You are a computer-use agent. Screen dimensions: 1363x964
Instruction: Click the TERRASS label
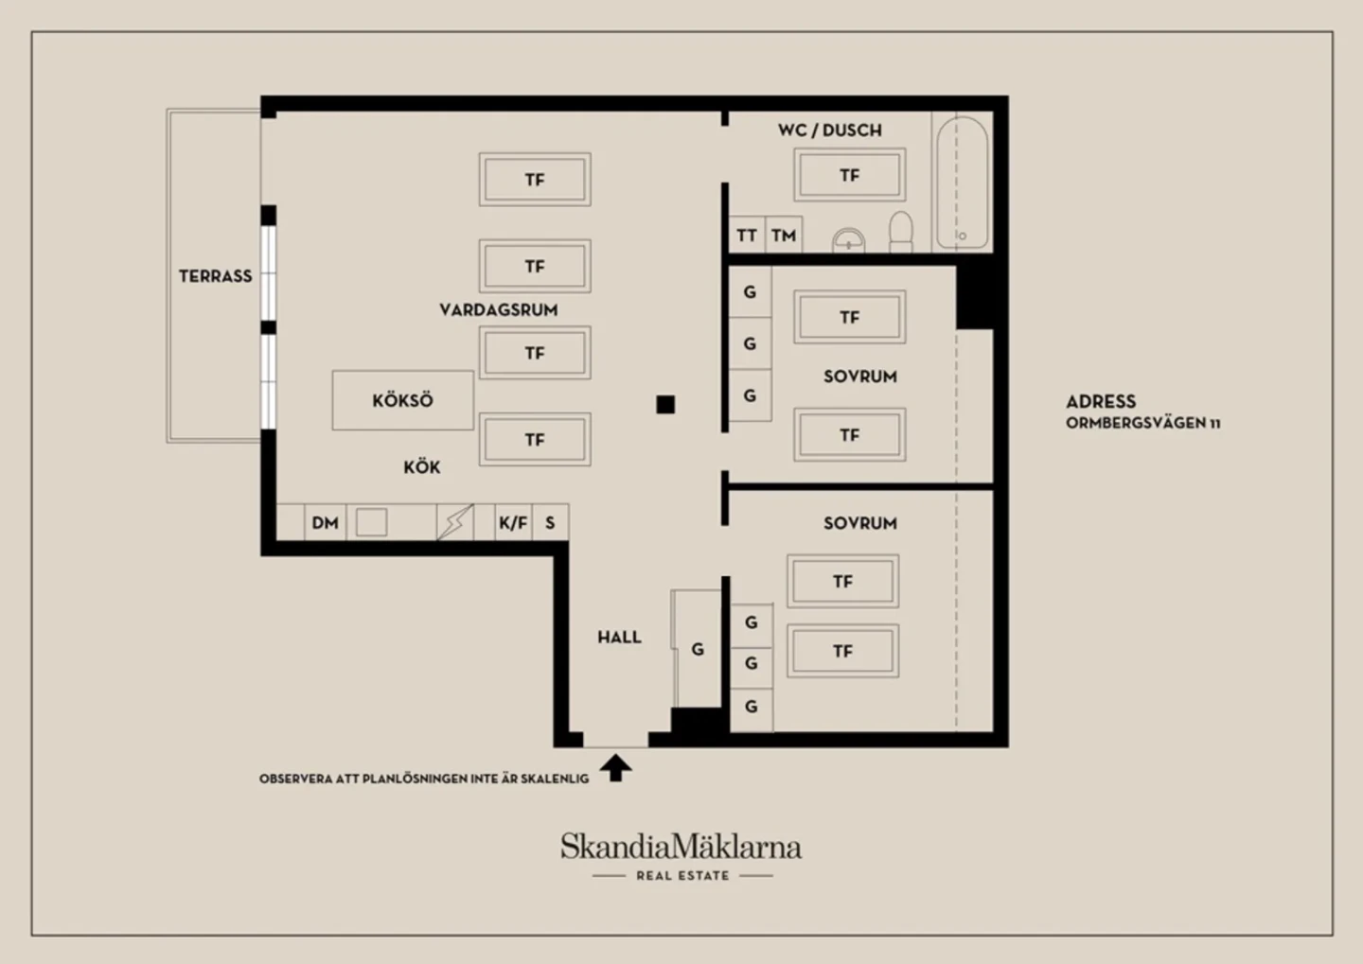(216, 276)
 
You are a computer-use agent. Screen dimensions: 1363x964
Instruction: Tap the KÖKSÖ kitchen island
(403, 400)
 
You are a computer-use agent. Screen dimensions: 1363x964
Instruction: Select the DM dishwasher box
(325, 522)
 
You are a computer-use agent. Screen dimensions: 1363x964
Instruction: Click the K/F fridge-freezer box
(513, 522)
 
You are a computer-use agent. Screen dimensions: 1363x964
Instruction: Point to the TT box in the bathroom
(747, 235)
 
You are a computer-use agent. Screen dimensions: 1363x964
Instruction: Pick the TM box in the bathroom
(784, 235)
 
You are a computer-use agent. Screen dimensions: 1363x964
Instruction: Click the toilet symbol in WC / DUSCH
(901, 232)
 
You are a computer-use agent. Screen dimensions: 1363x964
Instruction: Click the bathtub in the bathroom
(962, 183)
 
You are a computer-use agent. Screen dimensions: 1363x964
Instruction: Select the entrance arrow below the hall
(616, 767)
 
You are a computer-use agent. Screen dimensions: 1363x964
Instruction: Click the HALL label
(619, 638)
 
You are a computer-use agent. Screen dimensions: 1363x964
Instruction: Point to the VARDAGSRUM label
(499, 310)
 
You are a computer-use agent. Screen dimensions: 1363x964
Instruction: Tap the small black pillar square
(665, 405)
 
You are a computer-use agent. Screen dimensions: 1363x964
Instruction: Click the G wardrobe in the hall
(698, 649)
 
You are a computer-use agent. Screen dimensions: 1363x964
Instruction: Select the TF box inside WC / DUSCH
(849, 175)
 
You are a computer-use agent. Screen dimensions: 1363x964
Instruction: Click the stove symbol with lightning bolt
(455, 522)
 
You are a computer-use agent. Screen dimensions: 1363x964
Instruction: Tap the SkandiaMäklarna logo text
(681, 847)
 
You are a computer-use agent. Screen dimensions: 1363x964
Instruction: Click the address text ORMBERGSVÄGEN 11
(1143, 423)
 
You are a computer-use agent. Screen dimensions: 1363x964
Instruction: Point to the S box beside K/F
(551, 522)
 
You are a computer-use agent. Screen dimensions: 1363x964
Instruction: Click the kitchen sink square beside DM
(371, 522)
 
